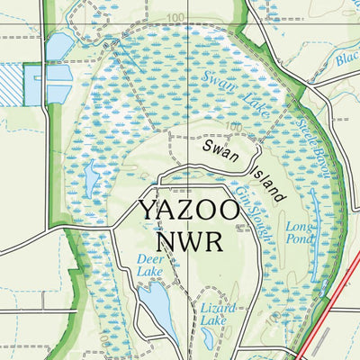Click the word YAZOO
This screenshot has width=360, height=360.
[190, 211]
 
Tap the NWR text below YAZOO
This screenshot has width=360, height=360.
[189, 240]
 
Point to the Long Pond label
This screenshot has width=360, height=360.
[300, 234]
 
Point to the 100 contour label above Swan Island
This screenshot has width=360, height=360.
[236, 127]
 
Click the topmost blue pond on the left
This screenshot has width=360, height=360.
[58, 47]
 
